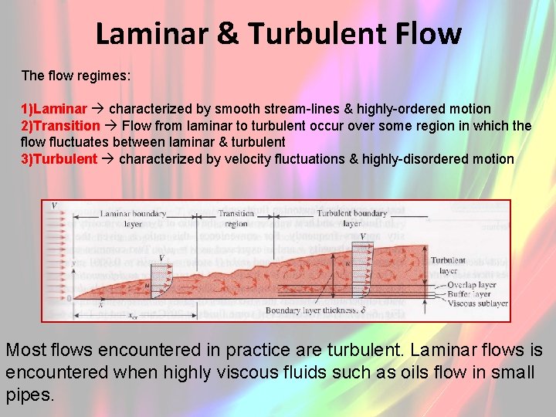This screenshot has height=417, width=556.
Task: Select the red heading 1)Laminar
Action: click(54, 109)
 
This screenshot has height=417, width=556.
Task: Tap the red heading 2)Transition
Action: click(60, 125)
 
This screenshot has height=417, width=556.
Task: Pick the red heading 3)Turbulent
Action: click(59, 159)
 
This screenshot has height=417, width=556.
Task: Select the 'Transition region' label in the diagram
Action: click(236, 219)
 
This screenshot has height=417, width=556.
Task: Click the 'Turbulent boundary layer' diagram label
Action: click(351, 219)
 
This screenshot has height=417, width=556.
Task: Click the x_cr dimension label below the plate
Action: click(133, 314)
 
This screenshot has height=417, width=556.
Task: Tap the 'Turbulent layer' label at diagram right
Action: click(449, 265)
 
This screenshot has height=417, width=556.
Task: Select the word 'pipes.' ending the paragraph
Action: click(29, 395)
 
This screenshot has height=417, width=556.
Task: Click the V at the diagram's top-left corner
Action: click(54, 206)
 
